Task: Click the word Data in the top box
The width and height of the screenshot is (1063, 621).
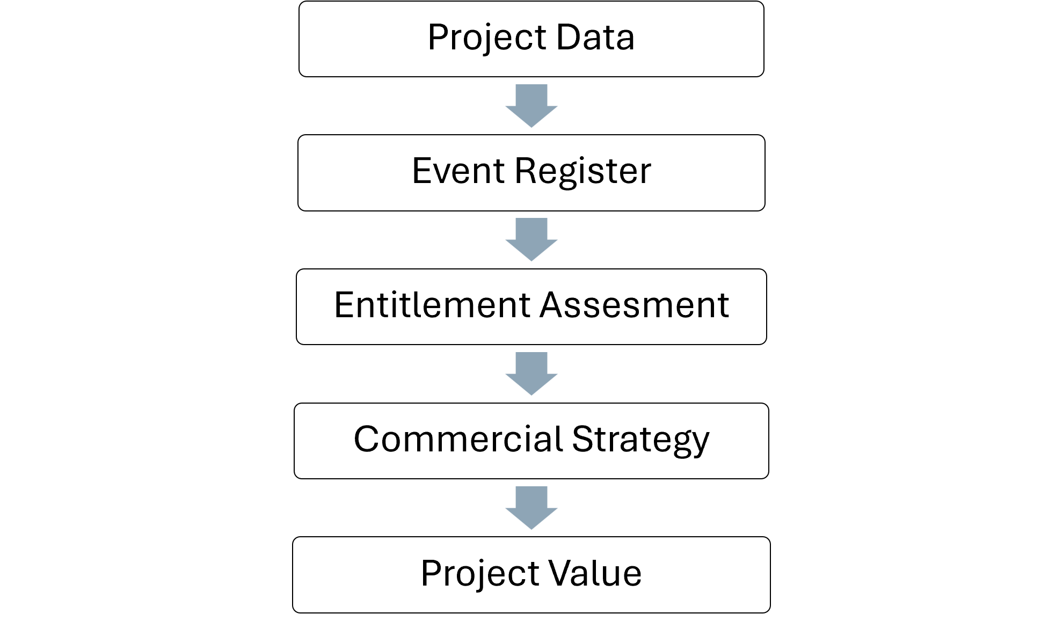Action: (595, 38)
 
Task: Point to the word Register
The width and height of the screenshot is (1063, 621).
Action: (583, 173)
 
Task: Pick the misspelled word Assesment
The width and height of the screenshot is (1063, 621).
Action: (635, 305)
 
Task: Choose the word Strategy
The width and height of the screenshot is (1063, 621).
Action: (641, 441)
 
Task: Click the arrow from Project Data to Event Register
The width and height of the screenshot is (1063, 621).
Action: (531, 106)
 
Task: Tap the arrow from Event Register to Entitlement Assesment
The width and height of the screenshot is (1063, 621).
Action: (531, 239)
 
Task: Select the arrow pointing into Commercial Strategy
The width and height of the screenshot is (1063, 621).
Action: (531, 374)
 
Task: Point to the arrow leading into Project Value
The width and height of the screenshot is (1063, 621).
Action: (531, 508)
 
